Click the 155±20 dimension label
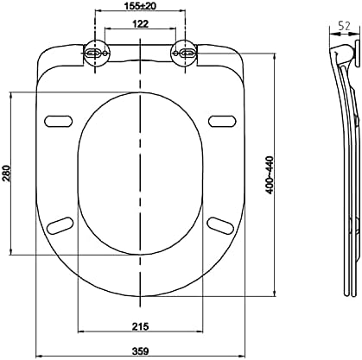pos(141,6)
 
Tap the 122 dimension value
pos(141,23)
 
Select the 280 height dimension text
pos(6,173)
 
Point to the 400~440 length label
pos(270,174)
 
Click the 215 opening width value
pos(140,326)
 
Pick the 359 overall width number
pos(141,351)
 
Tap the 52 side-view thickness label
pos(344,26)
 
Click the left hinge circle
pos(96,54)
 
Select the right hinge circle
pos(184,53)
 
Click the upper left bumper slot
pos(59,120)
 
